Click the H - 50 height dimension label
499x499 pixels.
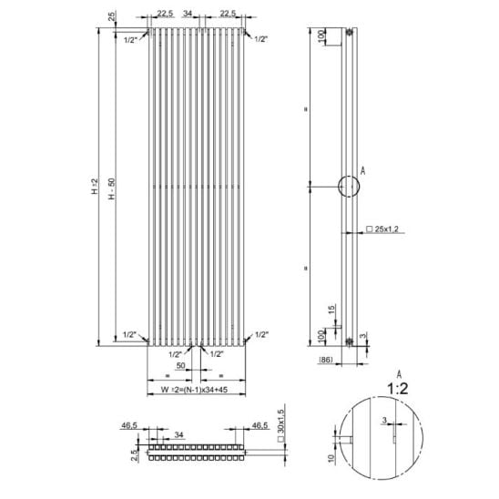click(111, 188)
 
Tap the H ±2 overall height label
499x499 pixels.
click(95, 187)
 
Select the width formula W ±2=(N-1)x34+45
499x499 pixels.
click(194, 390)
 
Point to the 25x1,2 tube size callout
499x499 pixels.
click(382, 229)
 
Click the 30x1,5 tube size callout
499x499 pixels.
click(280, 426)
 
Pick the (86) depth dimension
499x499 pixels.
click(326, 360)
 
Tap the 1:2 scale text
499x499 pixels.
click(397, 389)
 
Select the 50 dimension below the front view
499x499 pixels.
click(180, 366)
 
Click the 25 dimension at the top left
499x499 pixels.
click(112, 16)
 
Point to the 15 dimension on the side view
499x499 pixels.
click(331, 310)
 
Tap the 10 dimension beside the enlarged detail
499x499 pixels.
click(331, 458)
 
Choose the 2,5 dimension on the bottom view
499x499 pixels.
click(135, 455)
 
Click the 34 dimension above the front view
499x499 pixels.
click(188, 14)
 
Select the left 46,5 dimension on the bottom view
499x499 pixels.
click(129, 425)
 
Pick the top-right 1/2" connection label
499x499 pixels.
click(261, 39)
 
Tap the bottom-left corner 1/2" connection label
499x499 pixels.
click(130, 335)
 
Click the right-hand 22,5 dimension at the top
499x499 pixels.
click(228, 14)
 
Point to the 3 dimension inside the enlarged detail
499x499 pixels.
click(384, 421)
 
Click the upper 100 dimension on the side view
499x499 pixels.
click(321, 35)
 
